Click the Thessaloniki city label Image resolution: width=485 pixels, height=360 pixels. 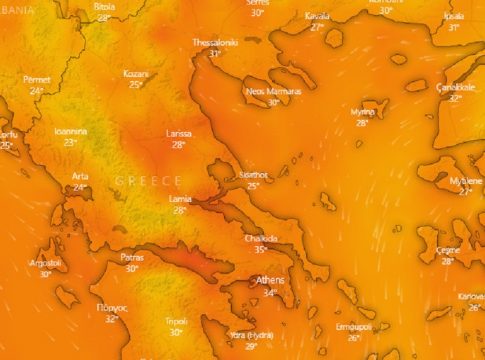pyautogui.click(x=215, y=43)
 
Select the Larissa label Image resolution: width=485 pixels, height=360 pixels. pyautogui.click(x=179, y=133)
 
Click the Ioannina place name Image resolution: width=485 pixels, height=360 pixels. pyautogui.click(x=70, y=131)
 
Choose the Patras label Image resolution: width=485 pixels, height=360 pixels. pyautogui.click(x=131, y=257)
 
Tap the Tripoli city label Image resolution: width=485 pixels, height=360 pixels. pyautogui.click(x=175, y=321)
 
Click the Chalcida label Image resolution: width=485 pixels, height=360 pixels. pyautogui.click(x=260, y=239)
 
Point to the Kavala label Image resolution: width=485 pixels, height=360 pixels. pyautogui.click(x=317, y=16)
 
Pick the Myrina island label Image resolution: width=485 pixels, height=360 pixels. pyautogui.click(x=362, y=112)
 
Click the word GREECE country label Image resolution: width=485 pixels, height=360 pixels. pyautogui.click(x=148, y=180)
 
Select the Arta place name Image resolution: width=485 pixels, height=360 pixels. pyautogui.click(x=80, y=176)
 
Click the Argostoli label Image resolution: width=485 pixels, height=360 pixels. pyautogui.click(x=46, y=262)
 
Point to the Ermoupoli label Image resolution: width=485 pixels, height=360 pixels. pyautogui.click(x=353, y=326)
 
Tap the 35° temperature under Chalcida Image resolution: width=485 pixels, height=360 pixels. pyautogui.click(x=260, y=250)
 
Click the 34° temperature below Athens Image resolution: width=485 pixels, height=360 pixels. pyautogui.click(x=270, y=293)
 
